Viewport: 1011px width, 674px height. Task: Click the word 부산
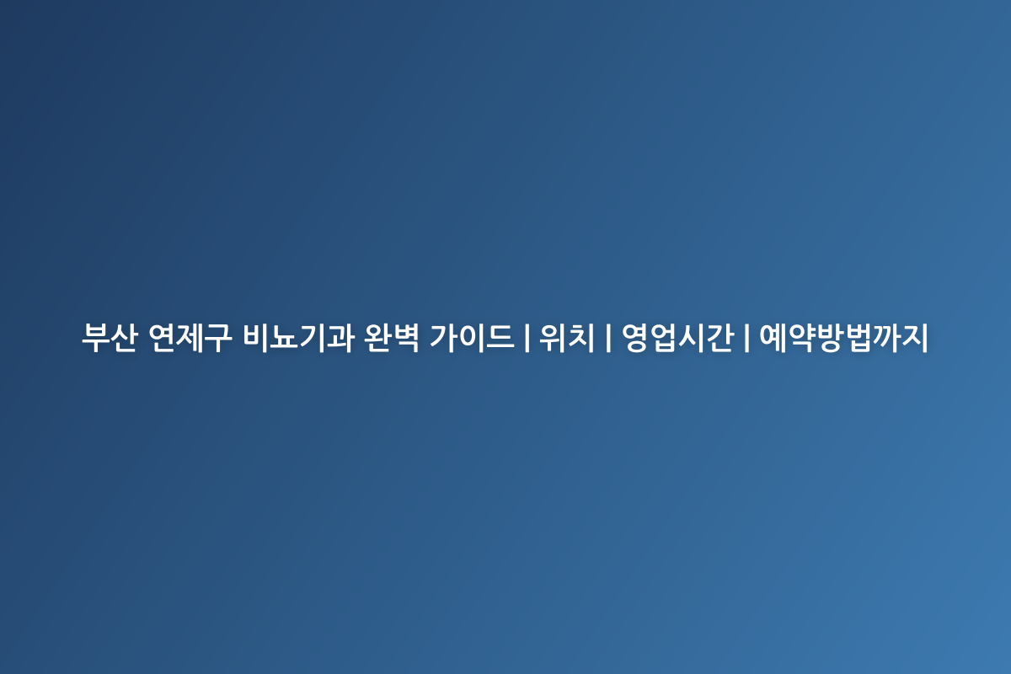(x=110, y=337)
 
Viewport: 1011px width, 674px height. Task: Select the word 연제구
(x=190, y=337)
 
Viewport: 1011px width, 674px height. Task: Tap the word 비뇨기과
(x=298, y=337)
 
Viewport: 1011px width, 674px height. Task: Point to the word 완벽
(x=392, y=337)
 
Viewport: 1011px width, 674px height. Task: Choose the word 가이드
(x=472, y=337)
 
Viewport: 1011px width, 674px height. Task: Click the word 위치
(x=567, y=337)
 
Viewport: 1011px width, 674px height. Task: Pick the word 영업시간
(x=678, y=337)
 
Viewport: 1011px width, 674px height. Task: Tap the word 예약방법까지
(x=843, y=337)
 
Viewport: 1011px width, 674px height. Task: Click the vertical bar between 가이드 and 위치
(x=527, y=337)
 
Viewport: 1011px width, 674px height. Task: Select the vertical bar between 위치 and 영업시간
(x=608, y=337)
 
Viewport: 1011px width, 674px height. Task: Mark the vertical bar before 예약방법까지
(x=746, y=337)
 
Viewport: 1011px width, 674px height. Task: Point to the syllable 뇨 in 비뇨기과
(x=285, y=337)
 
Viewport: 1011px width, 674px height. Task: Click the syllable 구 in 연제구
(x=218, y=338)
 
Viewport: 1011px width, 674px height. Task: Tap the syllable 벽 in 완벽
(x=406, y=337)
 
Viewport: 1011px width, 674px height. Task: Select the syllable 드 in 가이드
(x=501, y=337)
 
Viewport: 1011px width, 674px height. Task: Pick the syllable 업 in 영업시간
(x=664, y=337)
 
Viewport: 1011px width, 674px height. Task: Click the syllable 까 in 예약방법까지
(x=886, y=337)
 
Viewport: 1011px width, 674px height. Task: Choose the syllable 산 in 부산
(x=124, y=337)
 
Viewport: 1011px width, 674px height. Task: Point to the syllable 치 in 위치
(x=581, y=337)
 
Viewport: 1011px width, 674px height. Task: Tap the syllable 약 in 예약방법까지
(x=801, y=337)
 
